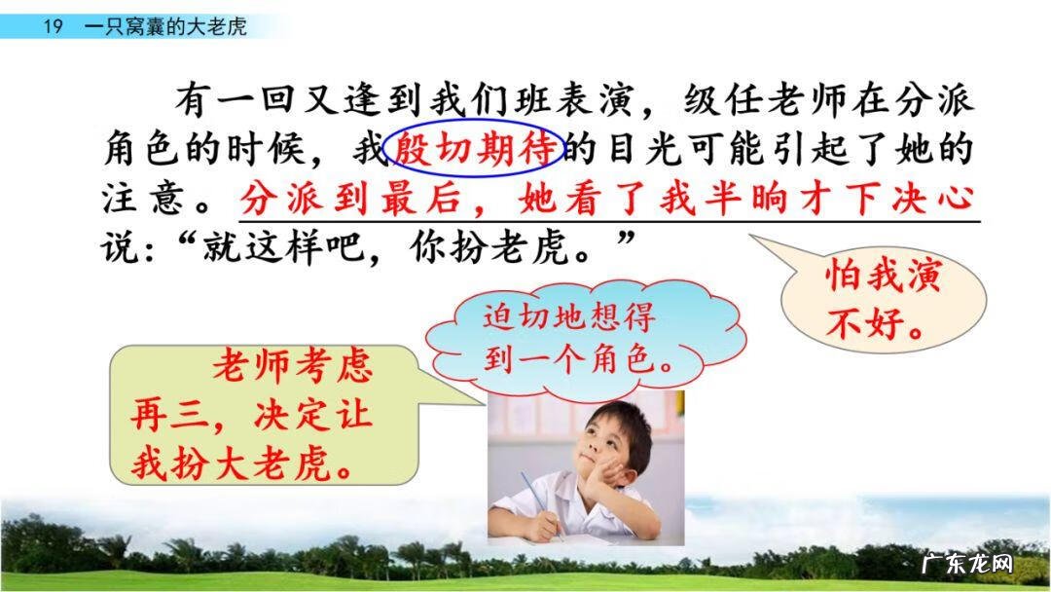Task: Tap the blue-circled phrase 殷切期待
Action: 475,148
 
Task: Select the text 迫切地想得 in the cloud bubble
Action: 568,317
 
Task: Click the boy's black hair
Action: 623,414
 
